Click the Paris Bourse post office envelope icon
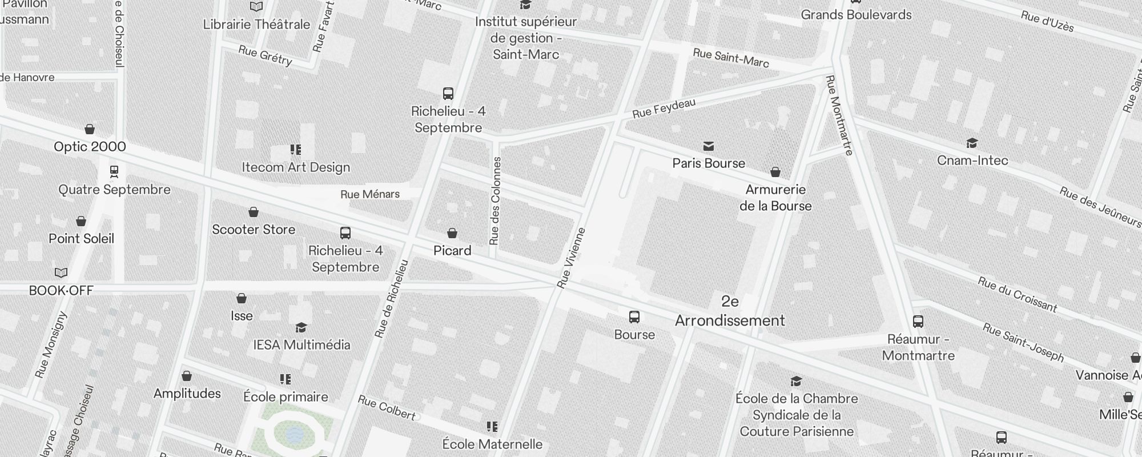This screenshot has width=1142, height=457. coord(709,146)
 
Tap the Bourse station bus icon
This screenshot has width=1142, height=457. coord(634,317)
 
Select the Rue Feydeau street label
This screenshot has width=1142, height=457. coord(664,108)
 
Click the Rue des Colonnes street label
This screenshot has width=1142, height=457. coord(496,201)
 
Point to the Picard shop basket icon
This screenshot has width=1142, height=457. coord(452,233)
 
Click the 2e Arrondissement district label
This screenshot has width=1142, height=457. coord(730,311)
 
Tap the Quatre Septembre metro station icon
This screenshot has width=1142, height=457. coord(114,171)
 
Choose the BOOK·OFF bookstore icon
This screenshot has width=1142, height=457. coord(61,273)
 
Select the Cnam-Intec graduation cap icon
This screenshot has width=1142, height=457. coord(972,143)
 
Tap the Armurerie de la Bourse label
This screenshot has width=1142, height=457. coord(775,198)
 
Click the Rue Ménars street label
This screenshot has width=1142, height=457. coord(370,194)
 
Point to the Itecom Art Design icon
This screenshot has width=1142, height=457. coord(295,150)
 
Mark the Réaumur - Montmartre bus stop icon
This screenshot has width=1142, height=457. coord(918,322)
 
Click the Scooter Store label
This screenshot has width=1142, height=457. coord(254,230)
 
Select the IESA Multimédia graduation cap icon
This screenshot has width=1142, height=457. coord(301,327)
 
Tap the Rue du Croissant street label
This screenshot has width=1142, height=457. coord(1017,294)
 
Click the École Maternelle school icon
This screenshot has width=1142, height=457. coord(492,427)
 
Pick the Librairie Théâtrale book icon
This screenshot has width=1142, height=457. coord(256,7)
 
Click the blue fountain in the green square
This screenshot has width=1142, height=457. coord(295,435)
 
